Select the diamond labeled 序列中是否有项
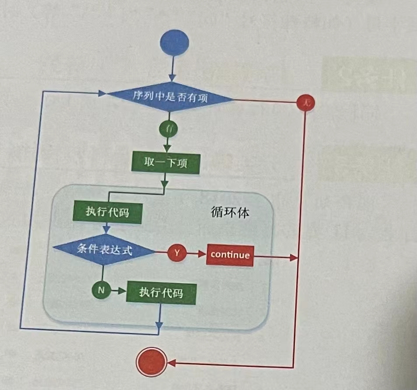click(x=170, y=97)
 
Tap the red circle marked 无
click(x=306, y=103)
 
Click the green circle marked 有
click(x=168, y=129)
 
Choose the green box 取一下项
click(x=165, y=163)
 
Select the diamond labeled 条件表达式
click(x=104, y=250)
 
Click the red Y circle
click(x=177, y=253)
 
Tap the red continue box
click(x=230, y=254)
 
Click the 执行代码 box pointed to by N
click(x=161, y=293)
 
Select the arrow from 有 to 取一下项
click(x=167, y=144)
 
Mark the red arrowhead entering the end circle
click(x=171, y=363)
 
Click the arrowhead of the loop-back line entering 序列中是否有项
click(x=103, y=93)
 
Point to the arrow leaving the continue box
click(x=276, y=257)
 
